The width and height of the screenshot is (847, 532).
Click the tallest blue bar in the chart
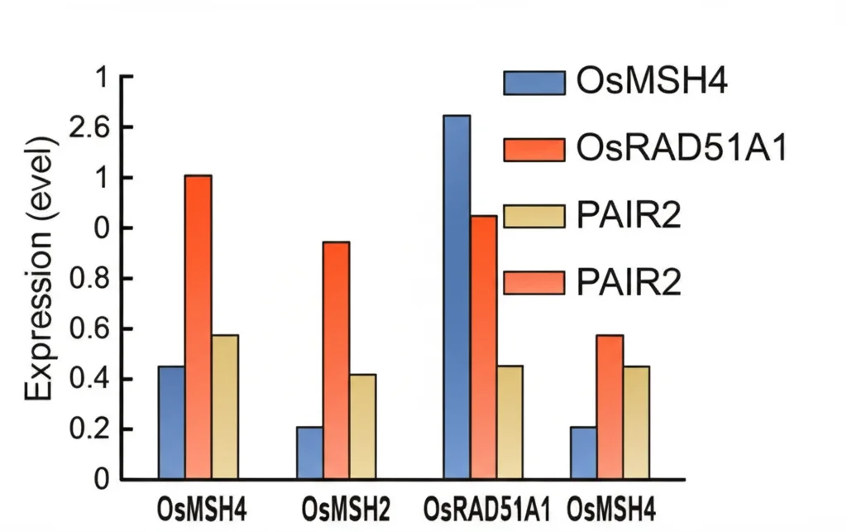point(457,298)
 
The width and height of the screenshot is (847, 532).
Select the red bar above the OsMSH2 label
point(336,361)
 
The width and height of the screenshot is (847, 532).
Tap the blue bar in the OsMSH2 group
point(309,453)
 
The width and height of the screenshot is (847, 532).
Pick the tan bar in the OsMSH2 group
point(362,427)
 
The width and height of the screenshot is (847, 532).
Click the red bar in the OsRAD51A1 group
point(483,347)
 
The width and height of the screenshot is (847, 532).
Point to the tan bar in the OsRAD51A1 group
point(510,423)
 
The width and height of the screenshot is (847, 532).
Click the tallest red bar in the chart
point(198,328)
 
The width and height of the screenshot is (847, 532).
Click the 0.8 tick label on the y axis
point(91,279)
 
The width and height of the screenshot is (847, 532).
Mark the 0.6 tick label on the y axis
point(91,329)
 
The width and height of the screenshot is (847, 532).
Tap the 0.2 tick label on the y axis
point(91,429)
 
